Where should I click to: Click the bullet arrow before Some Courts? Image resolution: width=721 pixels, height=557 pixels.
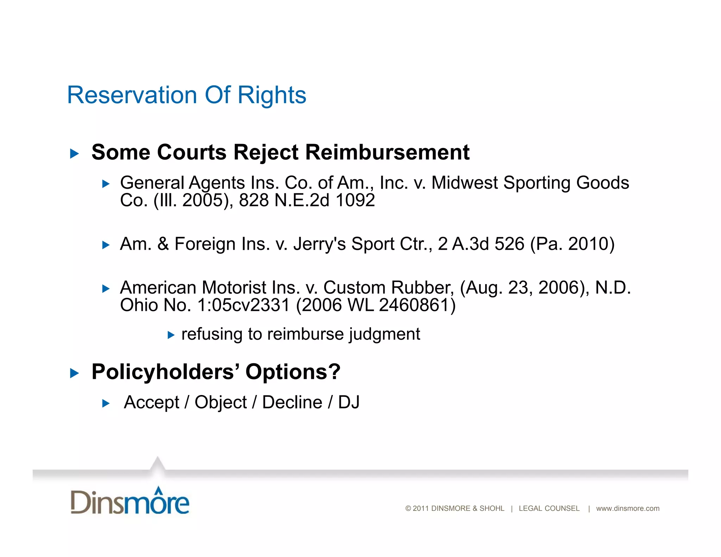(74, 154)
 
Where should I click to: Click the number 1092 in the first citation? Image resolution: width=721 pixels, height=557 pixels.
(355, 200)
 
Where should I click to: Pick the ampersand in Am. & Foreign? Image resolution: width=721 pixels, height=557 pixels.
(163, 244)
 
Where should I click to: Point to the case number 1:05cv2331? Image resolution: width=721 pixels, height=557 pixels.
(243, 305)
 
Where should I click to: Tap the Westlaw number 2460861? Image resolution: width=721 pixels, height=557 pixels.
(413, 305)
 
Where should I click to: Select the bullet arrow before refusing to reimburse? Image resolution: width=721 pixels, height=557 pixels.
(171, 335)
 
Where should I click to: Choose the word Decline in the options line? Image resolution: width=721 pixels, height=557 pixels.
(292, 402)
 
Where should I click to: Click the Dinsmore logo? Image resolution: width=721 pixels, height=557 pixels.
(130, 501)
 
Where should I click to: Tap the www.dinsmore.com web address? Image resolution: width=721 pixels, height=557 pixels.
(628, 508)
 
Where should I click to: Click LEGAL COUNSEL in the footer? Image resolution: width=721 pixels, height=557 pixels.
(549, 508)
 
